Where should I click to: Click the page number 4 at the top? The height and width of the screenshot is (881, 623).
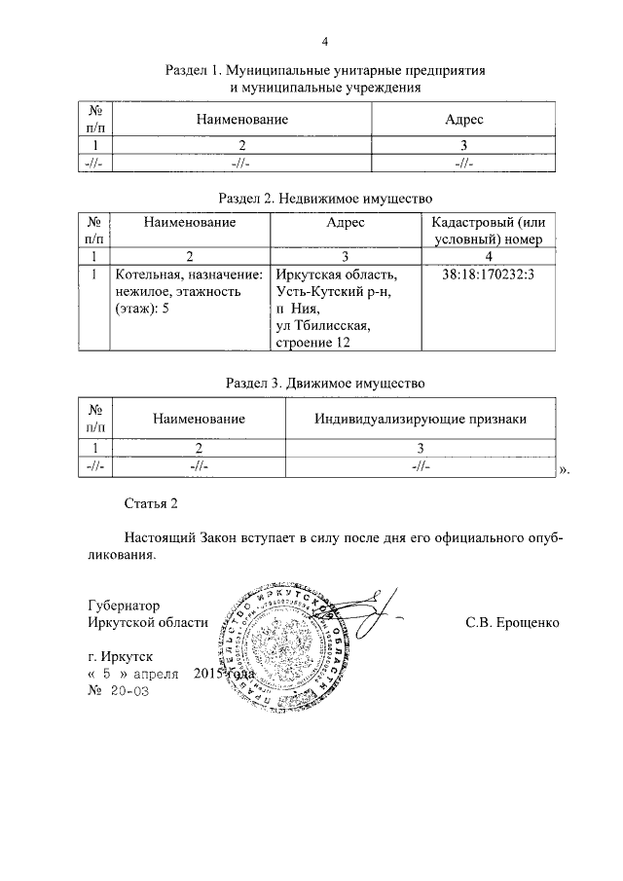pos(325,42)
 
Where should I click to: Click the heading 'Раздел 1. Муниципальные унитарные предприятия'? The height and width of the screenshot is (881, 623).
pos(325,71)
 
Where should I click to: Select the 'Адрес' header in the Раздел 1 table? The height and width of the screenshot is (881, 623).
pos(463,119)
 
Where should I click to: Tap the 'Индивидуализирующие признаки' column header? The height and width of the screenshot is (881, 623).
pos(421,419)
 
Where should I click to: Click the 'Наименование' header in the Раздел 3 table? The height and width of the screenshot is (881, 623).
pos(198,419)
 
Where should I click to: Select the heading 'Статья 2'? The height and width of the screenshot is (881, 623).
pos(153,503)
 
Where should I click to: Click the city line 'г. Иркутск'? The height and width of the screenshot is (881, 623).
pos(120,657)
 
